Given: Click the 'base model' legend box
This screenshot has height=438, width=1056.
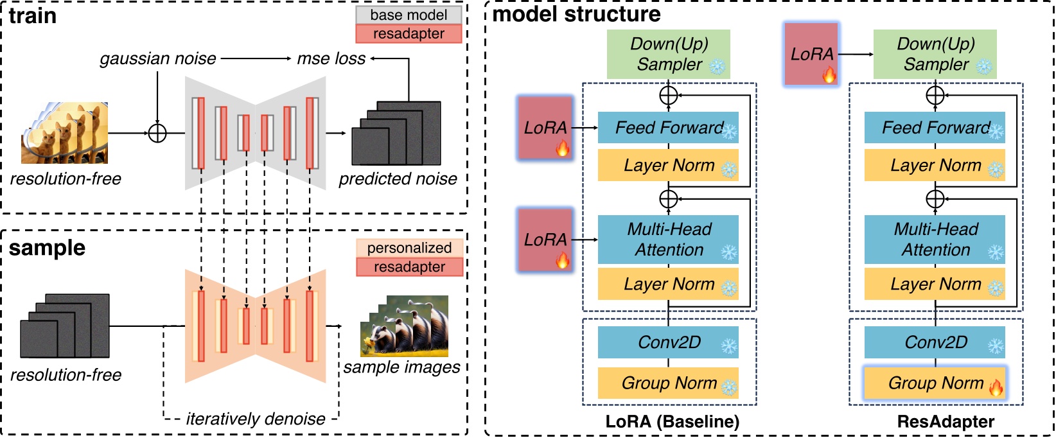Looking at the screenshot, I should click(409, 15).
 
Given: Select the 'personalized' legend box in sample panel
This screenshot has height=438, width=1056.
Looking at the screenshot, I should click(409, 248).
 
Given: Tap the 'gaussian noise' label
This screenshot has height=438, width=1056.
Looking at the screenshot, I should click(158, 59).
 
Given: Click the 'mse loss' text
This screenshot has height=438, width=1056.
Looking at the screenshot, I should click(331, 59).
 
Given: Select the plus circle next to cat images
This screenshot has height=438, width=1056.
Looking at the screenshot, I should click(157, 134).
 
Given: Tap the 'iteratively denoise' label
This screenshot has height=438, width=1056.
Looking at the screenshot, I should click(256, 419).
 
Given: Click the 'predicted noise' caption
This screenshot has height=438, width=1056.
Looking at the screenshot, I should click(398, 179).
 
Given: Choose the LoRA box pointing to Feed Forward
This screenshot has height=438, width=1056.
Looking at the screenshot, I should click(545, 128).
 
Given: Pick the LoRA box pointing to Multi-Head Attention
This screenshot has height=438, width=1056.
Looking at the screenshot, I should click(545, 240).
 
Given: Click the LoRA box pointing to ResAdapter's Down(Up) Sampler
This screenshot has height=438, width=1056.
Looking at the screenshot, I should click(811, 54).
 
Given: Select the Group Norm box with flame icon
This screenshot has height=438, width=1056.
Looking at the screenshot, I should click(935, 383).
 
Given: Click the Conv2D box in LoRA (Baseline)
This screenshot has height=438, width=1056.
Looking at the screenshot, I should click(668, 342).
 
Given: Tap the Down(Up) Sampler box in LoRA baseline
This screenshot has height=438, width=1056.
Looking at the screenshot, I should click(668, 54).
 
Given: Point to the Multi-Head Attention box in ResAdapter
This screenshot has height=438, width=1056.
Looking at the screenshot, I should click(935, 240).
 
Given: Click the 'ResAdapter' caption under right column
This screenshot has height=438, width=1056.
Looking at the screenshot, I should click(946, 422).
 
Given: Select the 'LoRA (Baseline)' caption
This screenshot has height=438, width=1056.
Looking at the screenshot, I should click(672, 422).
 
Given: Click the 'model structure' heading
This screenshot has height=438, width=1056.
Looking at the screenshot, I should click(576, 14).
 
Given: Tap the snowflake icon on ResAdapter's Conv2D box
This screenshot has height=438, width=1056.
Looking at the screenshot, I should click(995, 347).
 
